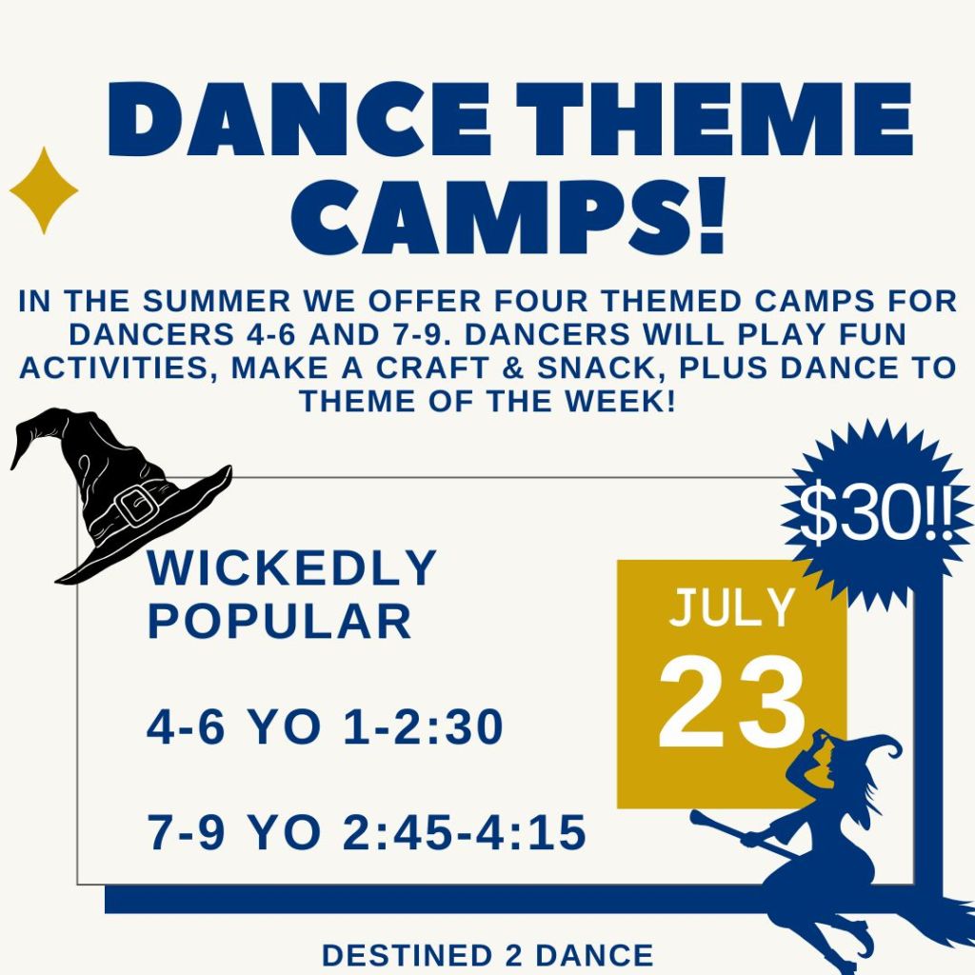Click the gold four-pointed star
pyautogui.click(x=44, y=190)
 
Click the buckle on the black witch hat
pyautogui.click(x=136, y=506)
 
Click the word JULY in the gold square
pyautogui.click(x=732, y=607)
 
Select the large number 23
pyautogui.click(x=732, y=702)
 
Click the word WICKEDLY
pyautogui.click(x=291, y=567)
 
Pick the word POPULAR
pyautogui.click(x=279, y=621)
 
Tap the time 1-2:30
pyautogui.click(x=423, y=726)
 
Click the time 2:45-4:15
pyautogui.click(x=465, y=832)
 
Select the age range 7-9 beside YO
pyautogui.click(x=186, y=832)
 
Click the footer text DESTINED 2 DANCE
pyautogui.click(x=487, y=956)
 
